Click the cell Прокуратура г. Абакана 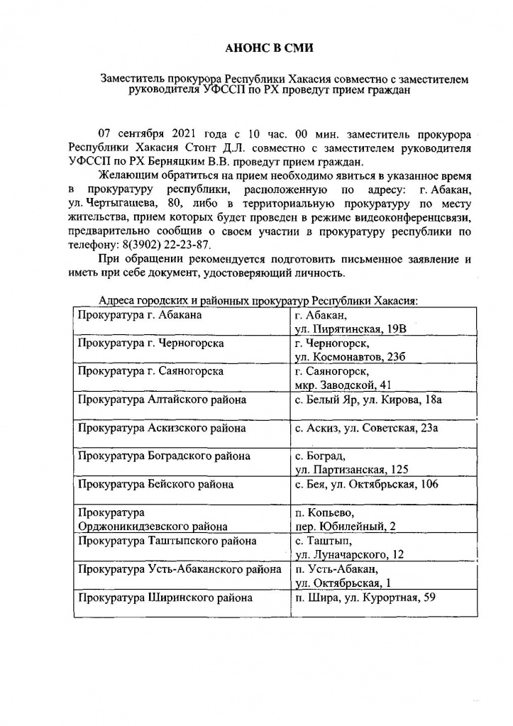pyautogui.click(x=140, y=314)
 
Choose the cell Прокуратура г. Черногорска pyautogui.click(x=151, y=343)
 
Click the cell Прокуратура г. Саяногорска pyautogui.click(x=152, y=371)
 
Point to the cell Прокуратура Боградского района pyautogui.click(x=164, y=456)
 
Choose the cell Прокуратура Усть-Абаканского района pyautogui.click(x=180, y=569)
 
